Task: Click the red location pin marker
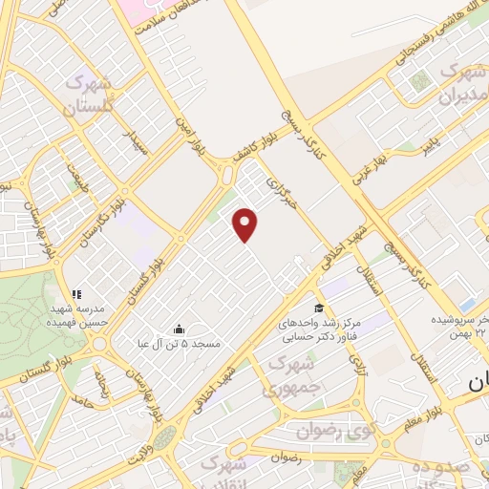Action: (x=246, y=224)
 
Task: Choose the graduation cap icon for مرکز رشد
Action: (x=318, y=308)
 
